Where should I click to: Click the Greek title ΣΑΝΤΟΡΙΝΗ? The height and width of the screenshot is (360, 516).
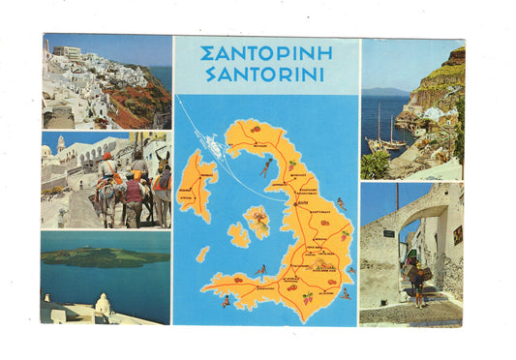265,53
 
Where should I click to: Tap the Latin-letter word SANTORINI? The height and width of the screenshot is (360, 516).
265,75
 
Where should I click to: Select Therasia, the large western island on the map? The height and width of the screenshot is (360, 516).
197,185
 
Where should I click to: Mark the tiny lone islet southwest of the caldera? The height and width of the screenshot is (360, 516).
202,255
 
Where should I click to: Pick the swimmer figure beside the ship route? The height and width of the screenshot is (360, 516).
266,168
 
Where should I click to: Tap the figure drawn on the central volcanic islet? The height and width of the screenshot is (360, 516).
258,220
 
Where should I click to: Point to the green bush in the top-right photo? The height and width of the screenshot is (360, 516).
375,165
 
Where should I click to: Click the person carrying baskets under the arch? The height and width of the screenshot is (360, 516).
415,278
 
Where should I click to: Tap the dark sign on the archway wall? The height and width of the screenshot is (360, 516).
389,233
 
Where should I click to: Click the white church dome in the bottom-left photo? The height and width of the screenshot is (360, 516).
103,305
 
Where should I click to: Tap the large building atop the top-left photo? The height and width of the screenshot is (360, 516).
67,51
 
